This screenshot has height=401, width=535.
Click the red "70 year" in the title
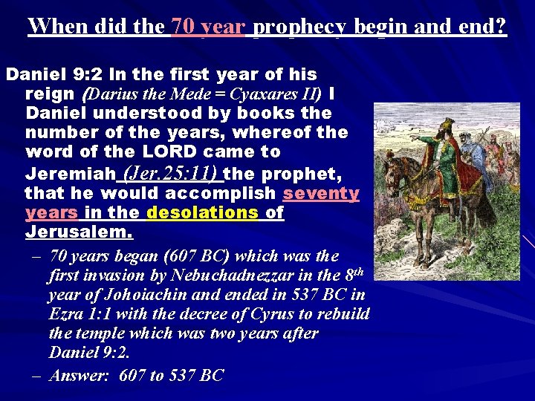tap(208, 27)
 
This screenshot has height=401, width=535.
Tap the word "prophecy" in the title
tap(301, 27)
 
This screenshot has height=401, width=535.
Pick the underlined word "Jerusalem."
tap(80, 232)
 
